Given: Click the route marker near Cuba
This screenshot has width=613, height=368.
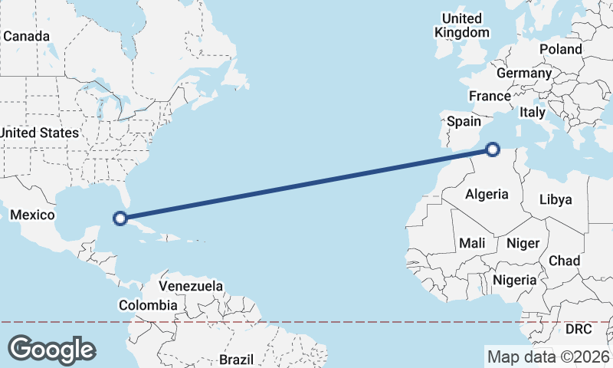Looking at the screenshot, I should [x=120, y=219].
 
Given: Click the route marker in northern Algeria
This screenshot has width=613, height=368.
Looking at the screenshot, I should [x=493, y=149].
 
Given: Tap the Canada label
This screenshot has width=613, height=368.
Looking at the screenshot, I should [x=26, y=37].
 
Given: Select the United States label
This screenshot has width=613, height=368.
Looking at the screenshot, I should [x=38, y=133].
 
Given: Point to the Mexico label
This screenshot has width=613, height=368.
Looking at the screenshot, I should [x=31, y=215].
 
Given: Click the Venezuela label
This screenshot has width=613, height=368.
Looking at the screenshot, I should [x=191, y=286].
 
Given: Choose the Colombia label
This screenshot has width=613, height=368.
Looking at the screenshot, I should [x=149, y=305].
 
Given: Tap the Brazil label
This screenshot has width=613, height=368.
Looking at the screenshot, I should [x=236, y=359].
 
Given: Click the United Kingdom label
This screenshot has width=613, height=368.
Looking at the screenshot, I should [x=462, y=25].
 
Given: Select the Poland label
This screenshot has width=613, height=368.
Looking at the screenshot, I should [x=560, y=49].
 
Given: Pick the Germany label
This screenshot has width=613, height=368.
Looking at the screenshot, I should [x=524, y=74].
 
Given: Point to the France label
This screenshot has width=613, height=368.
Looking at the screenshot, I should [x=490, y=97].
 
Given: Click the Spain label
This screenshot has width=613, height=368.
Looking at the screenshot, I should [x=464, y=121].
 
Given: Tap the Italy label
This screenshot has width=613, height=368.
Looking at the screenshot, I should [x=533, y=112].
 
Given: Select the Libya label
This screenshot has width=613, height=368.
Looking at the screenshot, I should [x=556, y=199].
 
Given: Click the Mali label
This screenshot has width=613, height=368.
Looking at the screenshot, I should [x=472, y=243].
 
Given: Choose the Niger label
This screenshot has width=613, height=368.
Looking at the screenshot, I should [x=523, y=243].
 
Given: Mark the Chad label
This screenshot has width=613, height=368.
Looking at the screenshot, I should [x=565, y=261].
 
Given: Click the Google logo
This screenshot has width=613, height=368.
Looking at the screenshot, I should [x=51, y=349].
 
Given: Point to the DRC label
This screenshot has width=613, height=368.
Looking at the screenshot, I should [x=579, y=329].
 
